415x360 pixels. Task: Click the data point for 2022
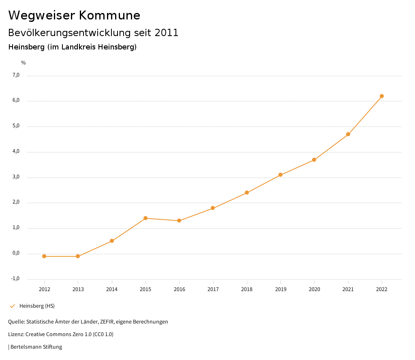tap(382, 96)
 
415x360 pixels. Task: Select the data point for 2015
tap(145, 218)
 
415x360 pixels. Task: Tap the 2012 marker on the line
tap(44, 256)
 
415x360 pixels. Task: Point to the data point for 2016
tap(179, 221)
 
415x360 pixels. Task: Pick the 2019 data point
tap(280, 175)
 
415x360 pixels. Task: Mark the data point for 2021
tap(348, 134)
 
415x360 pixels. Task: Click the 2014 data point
tap(112, 241)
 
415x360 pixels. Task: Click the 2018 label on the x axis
tap(247, 289)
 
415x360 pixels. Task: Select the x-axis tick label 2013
tap(78, 289)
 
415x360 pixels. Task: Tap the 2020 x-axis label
tap(314, 289)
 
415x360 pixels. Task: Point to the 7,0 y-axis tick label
tap(16, 75)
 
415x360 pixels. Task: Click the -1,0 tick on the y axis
tap(15, 279)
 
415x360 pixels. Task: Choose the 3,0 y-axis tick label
tap(16, 177)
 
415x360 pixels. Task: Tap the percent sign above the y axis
tap(23, 63)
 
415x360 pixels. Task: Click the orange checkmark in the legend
tap(12, 306)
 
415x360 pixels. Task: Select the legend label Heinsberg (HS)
tap(37, 306)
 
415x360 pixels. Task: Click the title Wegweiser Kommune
tap(74, 15)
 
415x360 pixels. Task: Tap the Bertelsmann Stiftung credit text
tap(36, 347)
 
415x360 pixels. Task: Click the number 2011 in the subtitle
tap(167, 33)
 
